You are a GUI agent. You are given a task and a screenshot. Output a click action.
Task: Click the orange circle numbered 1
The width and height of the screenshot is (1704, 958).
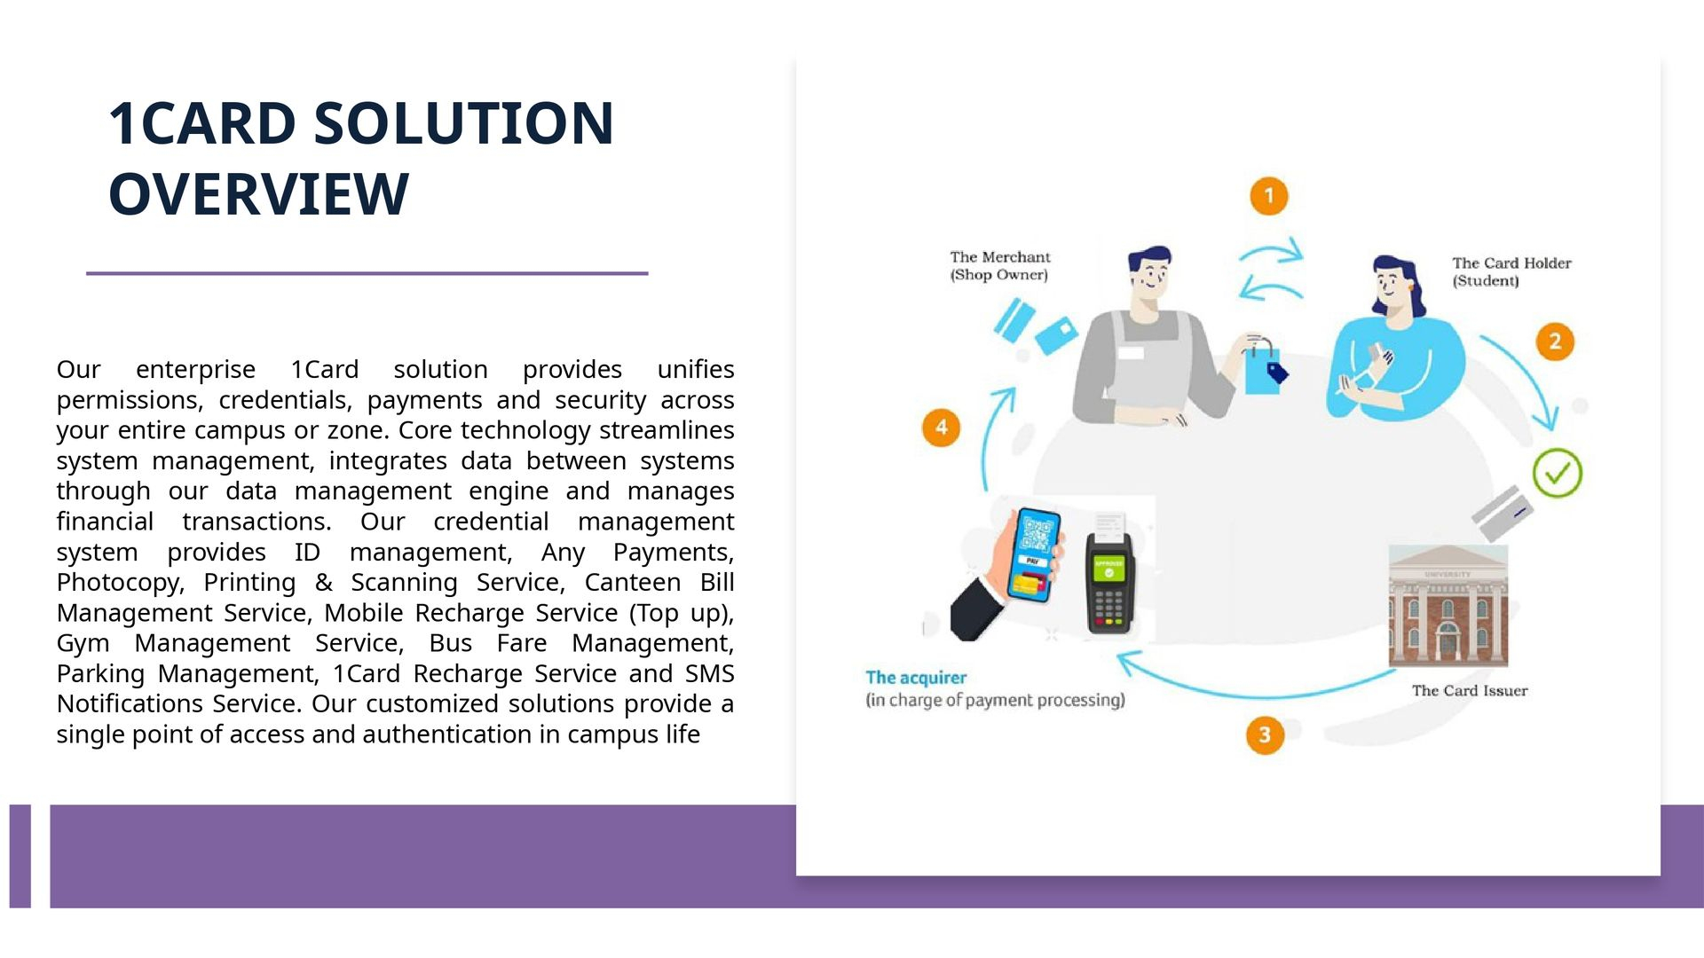[1268, 196]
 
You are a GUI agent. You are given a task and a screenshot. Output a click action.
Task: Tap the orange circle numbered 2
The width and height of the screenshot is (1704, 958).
[1555, 342]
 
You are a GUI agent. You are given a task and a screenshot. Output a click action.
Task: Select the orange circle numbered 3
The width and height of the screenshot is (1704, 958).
[1265, 734]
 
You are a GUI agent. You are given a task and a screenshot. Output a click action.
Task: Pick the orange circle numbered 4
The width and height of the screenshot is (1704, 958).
[942, 428]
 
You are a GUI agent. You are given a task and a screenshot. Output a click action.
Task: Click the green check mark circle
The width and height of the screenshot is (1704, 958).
[1558, 473]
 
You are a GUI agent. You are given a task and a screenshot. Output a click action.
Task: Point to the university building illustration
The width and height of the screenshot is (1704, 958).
[1448, 606]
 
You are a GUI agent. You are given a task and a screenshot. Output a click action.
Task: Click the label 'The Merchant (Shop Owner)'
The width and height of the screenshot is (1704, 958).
[999, 266]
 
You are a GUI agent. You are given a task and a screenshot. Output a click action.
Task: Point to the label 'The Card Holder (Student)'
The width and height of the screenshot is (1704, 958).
[1511, 272]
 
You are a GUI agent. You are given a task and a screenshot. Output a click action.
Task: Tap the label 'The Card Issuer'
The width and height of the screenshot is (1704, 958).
[1470, 691]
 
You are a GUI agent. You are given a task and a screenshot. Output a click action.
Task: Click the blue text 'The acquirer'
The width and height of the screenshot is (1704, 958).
[916, 678]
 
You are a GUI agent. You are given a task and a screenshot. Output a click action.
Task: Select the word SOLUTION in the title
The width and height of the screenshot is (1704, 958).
[464, 123]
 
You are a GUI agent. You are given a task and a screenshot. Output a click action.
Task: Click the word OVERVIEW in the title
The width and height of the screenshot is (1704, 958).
[258, 194]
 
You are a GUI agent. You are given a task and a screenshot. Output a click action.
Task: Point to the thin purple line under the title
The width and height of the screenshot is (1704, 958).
[367, 273]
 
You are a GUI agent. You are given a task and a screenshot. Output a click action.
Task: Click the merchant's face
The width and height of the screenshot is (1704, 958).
[1151, 278]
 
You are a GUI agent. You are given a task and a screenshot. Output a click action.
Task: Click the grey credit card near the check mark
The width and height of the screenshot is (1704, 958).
[1502, 512]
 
